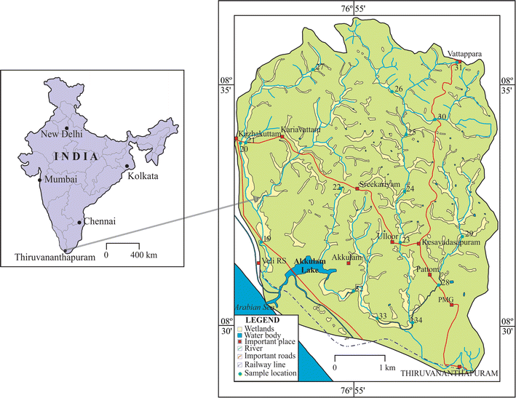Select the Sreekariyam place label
pyautogui.click(x=379, y=186)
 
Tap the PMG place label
pyautogui.click(x=445, y=299)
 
